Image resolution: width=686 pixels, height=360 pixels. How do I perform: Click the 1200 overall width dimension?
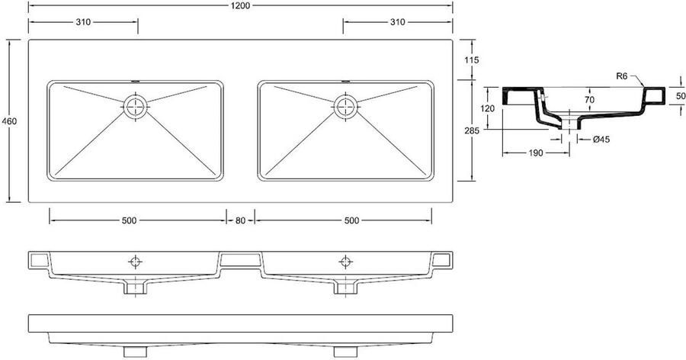pyautogui.click(x=242, y=5)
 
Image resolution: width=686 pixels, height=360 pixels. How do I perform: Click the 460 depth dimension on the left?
pyautogui.click(x=9, y=122)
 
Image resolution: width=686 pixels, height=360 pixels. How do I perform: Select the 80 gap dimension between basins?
pyautogui.click(x=240, y=220)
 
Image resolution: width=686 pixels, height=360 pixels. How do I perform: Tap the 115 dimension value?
pyautogui.click(x=473, y=59)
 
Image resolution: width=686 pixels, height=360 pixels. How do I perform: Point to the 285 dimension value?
pyautogui.click(x=473, y=130)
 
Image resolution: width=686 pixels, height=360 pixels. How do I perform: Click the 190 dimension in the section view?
pyautogui.click(x=535, y=153)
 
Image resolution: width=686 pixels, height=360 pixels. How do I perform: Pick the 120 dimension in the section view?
pyautogui.click(x=489, y=108)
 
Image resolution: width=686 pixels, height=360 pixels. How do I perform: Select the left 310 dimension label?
pyautogui.click(x=84, y=22)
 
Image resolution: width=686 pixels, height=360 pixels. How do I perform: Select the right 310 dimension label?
pyautogui.click(x=396, y=22)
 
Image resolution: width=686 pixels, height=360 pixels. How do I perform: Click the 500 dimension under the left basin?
pyautogui.click(x=128, y=220)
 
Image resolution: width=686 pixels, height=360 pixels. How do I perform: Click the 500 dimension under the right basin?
pyautogui.click(x=351, y=220)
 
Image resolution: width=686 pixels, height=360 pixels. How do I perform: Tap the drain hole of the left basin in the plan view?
pyautogui.click(x=136, y=105)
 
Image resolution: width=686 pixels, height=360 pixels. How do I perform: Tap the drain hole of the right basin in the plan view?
pyautogui.click(x=345, y=105)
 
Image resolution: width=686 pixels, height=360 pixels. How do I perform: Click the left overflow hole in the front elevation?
pyautogui.click(x=136, y=261)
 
